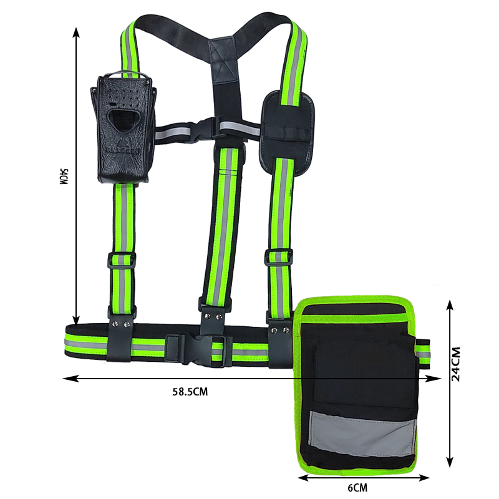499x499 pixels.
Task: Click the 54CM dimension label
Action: coord(64,177)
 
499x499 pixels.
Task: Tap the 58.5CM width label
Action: coord(190,392)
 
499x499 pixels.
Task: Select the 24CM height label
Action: coord(456,364)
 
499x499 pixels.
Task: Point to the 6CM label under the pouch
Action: coord(357,487)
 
